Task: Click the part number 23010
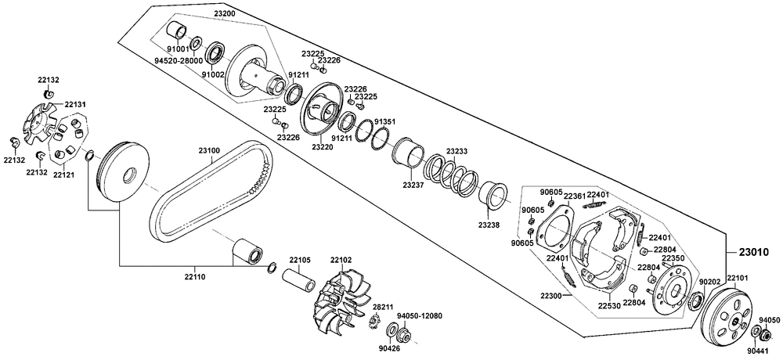752,253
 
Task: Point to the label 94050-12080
420,315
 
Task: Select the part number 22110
195,276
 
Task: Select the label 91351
385,122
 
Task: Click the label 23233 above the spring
456,151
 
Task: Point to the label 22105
300,260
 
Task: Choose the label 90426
388,348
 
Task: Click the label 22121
63,175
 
